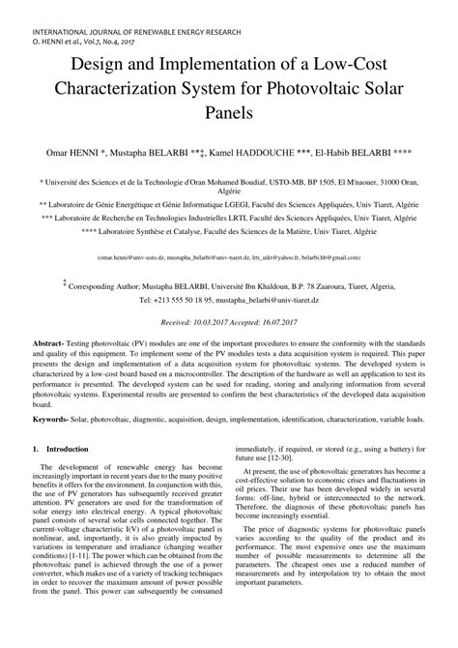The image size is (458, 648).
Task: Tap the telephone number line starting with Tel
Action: [x=228, y=301]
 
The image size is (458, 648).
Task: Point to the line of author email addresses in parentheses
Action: [x=228, y=258]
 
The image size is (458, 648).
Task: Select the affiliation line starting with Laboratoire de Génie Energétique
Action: [x=228, y=204]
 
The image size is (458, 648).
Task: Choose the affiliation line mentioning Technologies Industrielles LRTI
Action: [x=228, y=218]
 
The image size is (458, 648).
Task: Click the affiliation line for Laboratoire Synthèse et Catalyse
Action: [x=228, y=232]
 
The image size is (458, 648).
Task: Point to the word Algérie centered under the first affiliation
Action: [x=229, y=191]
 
